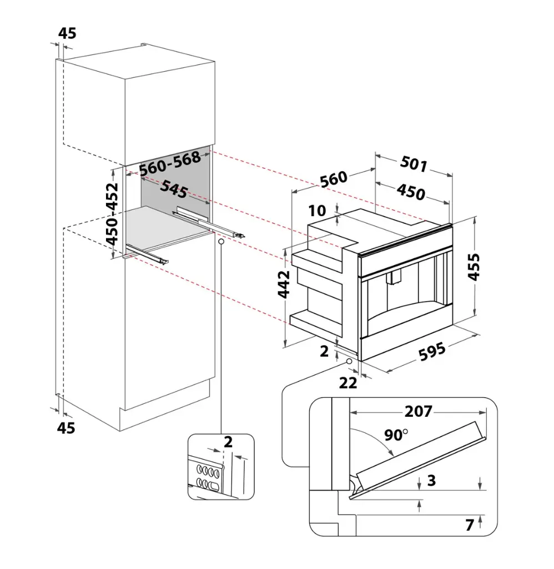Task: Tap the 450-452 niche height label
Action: coord(112,214)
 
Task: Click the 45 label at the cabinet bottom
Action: coord(67,427)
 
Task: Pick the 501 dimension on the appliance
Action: coord(413,165)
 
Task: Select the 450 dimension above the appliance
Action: coord(411,192)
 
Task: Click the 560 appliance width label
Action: coord(333,179)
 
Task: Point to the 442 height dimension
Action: coord(284,284)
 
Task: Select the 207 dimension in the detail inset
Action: coord(418,411)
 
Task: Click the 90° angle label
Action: coord(396,435)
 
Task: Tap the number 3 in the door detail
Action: coord(431,481)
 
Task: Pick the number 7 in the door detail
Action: coord(469,524)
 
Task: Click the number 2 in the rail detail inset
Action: coord(228,442)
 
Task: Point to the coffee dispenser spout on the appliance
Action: coord(395,277)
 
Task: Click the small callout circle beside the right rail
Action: coord(221,242)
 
